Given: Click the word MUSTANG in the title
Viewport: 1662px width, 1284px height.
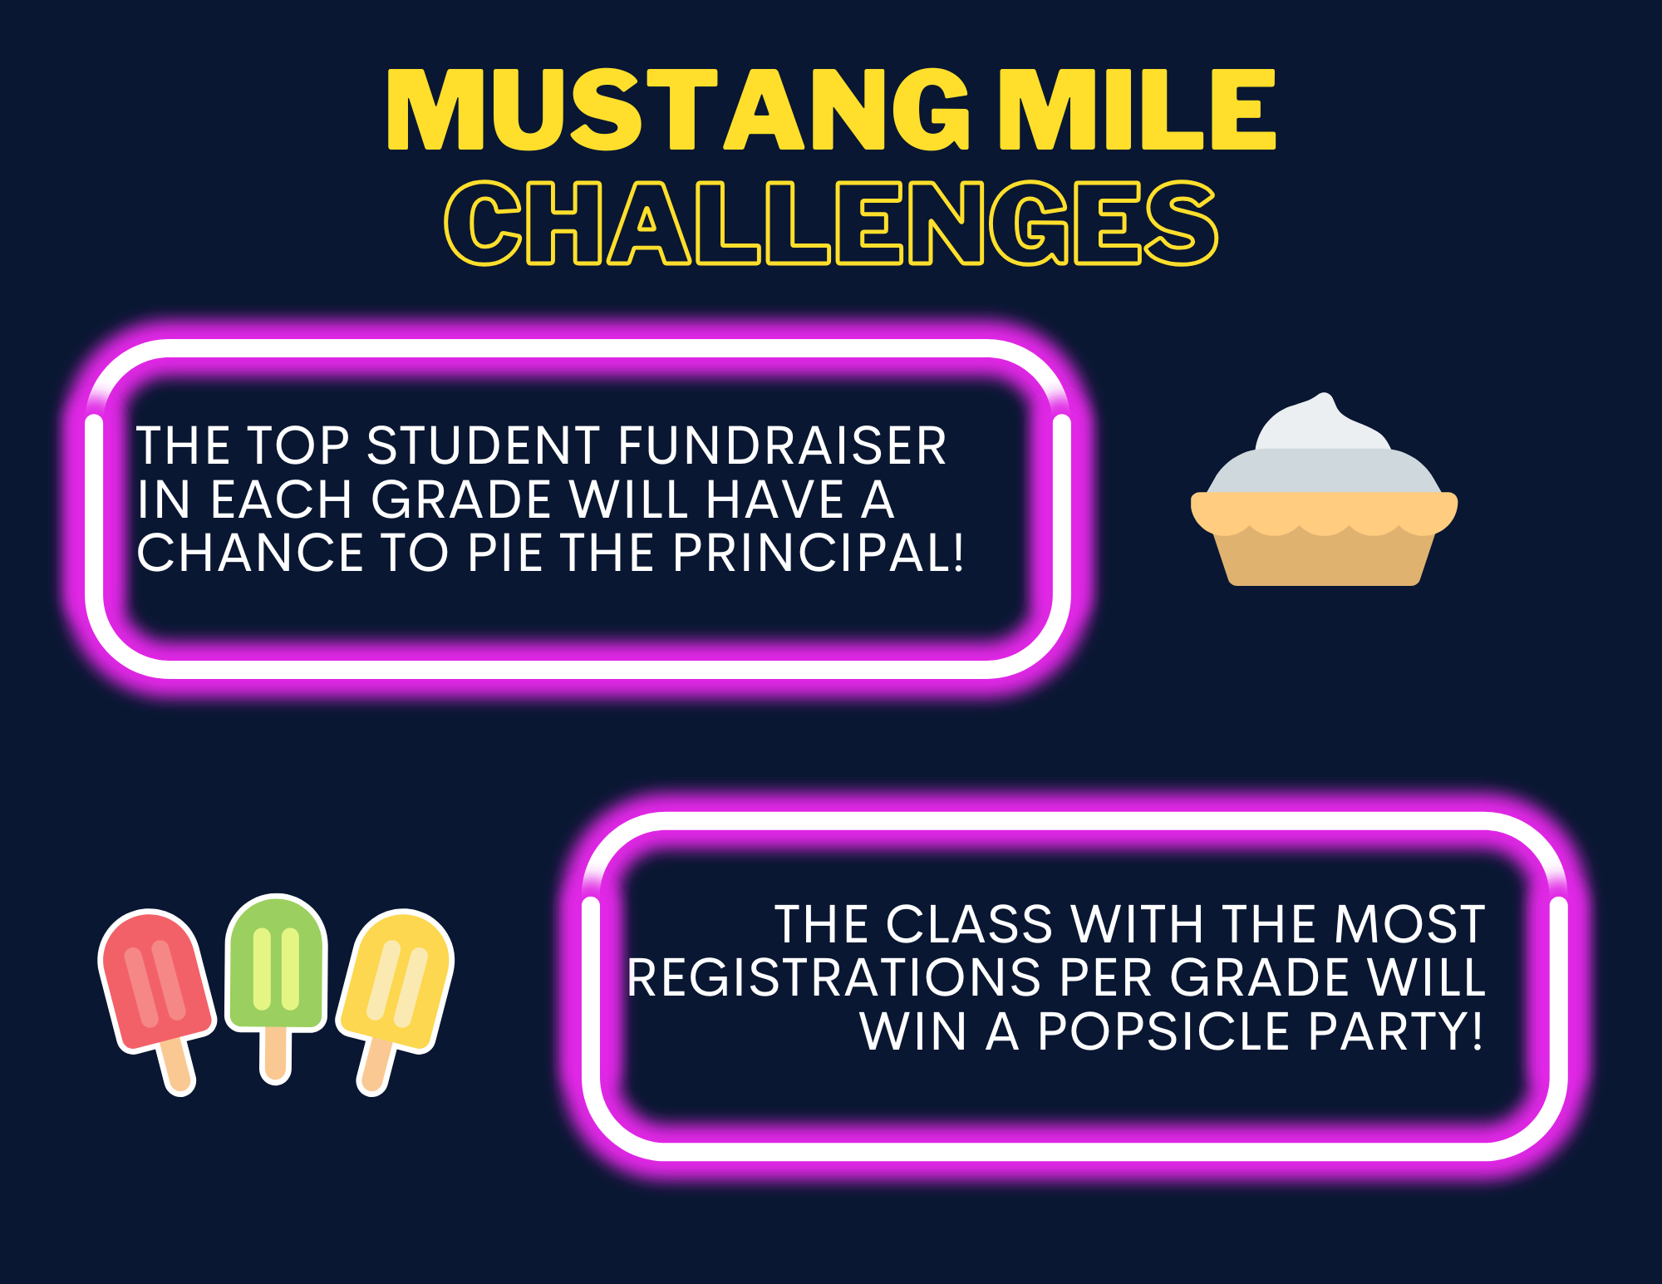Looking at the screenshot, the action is point(678,110).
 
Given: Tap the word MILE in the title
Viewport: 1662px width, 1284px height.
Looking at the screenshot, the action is point(1137,110).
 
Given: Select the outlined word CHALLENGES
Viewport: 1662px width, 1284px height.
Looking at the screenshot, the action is point(831,223).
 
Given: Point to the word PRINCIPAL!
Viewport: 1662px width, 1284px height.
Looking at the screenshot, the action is point(819,553).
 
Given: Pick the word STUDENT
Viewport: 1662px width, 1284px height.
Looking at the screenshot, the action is point(483,445).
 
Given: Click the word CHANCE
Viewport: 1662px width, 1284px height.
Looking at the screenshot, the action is point(250,553).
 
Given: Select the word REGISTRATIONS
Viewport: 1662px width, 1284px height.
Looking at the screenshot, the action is point(833,977).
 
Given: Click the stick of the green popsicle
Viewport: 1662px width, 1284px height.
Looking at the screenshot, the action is point(276,1055).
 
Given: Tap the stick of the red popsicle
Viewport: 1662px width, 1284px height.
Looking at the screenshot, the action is point(177,1067).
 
